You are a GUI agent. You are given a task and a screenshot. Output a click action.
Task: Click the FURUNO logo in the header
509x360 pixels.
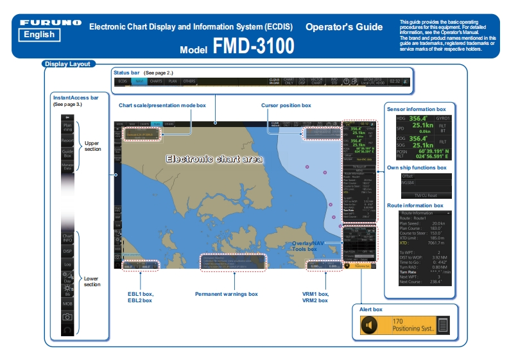(x=50, y=22)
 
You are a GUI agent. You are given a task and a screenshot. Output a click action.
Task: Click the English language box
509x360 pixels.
(x=39, y=35)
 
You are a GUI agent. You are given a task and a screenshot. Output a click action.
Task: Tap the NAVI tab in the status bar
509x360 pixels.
(x=139, y=82)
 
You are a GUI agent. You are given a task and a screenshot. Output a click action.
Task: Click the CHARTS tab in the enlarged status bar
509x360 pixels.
(x=156, y=82)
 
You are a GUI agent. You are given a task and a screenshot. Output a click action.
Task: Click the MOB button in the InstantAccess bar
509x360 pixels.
(x=67, y=303)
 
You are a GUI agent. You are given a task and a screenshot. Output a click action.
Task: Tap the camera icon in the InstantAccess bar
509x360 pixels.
(x=67, y=317)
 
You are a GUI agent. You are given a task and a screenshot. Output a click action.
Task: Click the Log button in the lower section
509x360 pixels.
(x=67, y=264)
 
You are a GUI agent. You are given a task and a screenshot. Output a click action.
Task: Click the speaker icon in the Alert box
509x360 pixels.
(x=368, y=325)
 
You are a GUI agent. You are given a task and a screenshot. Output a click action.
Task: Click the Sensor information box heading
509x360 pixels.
(x=416, y=110)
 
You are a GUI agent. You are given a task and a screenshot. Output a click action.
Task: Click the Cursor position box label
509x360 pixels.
(x=286, y=105)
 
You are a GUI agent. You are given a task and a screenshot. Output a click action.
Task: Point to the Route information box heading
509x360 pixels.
(x=424, y=205)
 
